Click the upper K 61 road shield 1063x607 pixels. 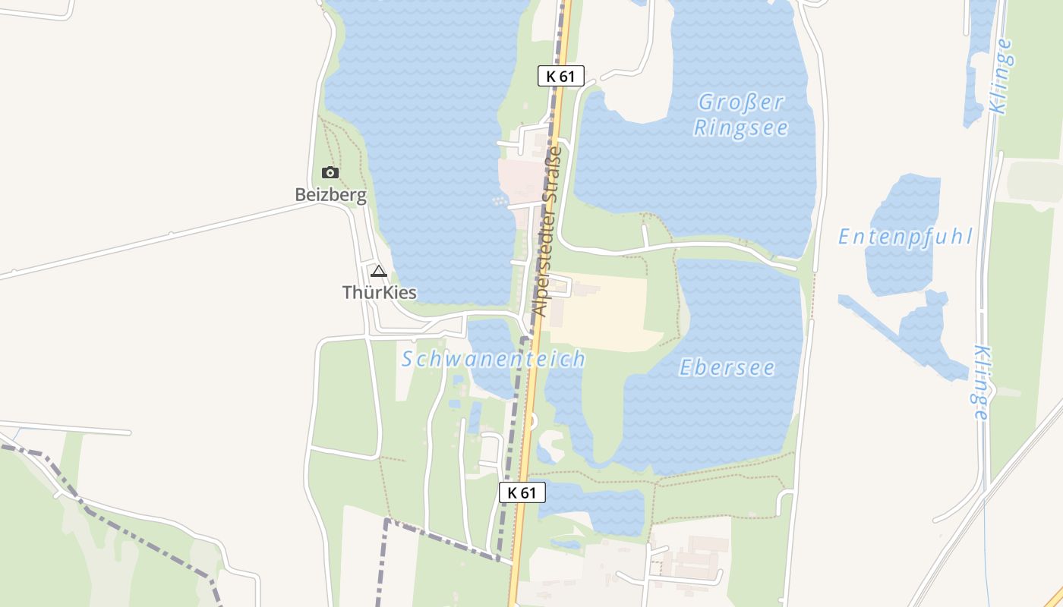coord(561,76)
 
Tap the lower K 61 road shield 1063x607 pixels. coord(522,492)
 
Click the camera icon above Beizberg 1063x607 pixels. coord(330,172)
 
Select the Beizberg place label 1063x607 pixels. coord(330,195)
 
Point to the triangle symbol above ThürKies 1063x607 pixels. coord(378,271)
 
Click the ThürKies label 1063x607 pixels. coord(379,292)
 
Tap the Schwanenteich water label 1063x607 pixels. coord(494,359)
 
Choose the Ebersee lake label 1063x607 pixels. coord(727,368)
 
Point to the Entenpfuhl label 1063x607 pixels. coord(904,237)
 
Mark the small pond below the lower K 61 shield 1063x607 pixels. coord(592,506)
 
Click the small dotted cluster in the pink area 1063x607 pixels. coord(498,200)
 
